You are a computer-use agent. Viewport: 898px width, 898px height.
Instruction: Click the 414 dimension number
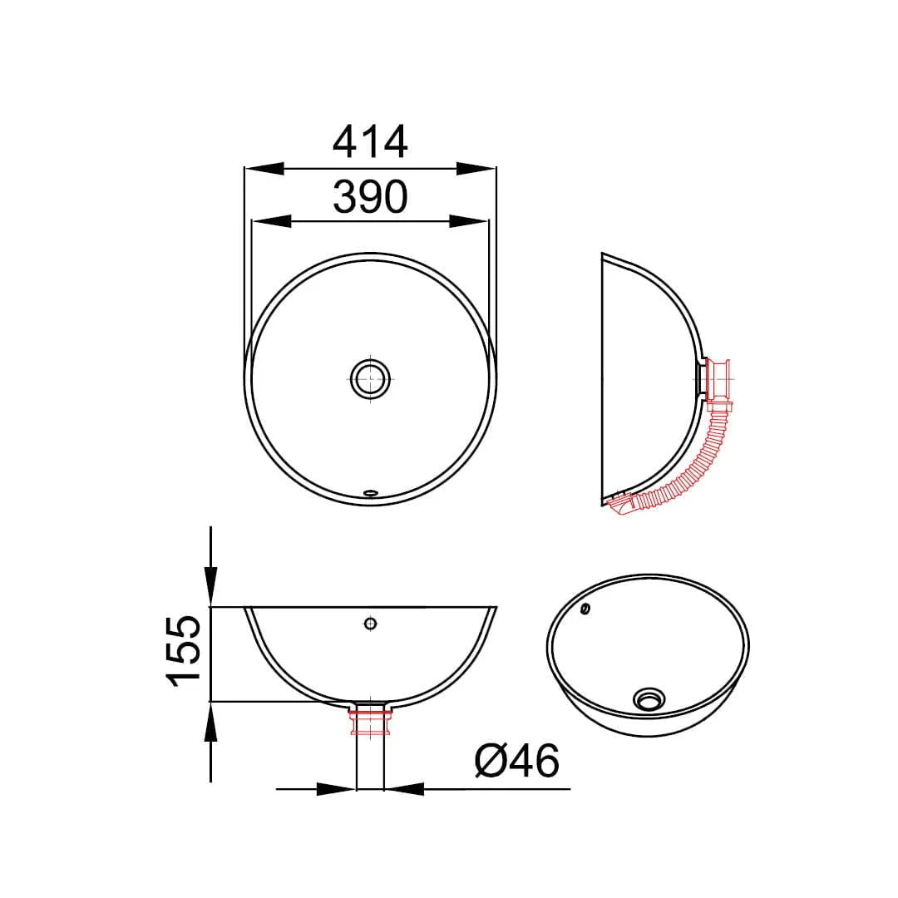tap(370, 141)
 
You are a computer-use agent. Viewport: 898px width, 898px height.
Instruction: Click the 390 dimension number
tap(370, 196)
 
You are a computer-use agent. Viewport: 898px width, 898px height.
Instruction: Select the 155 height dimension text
tap(184, 650)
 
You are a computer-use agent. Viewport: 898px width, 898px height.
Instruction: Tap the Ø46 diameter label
tap(516, 761)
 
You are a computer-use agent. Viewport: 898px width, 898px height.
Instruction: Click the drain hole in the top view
tap(371, 378)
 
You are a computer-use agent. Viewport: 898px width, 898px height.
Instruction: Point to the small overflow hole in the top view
tap(371, 491)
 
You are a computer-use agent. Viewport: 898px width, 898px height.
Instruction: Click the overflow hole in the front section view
tap(371, 623)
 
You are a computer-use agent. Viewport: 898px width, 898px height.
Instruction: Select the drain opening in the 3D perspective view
tap(649, 698)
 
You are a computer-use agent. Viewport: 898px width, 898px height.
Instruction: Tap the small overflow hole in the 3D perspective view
tap(585, 609)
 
